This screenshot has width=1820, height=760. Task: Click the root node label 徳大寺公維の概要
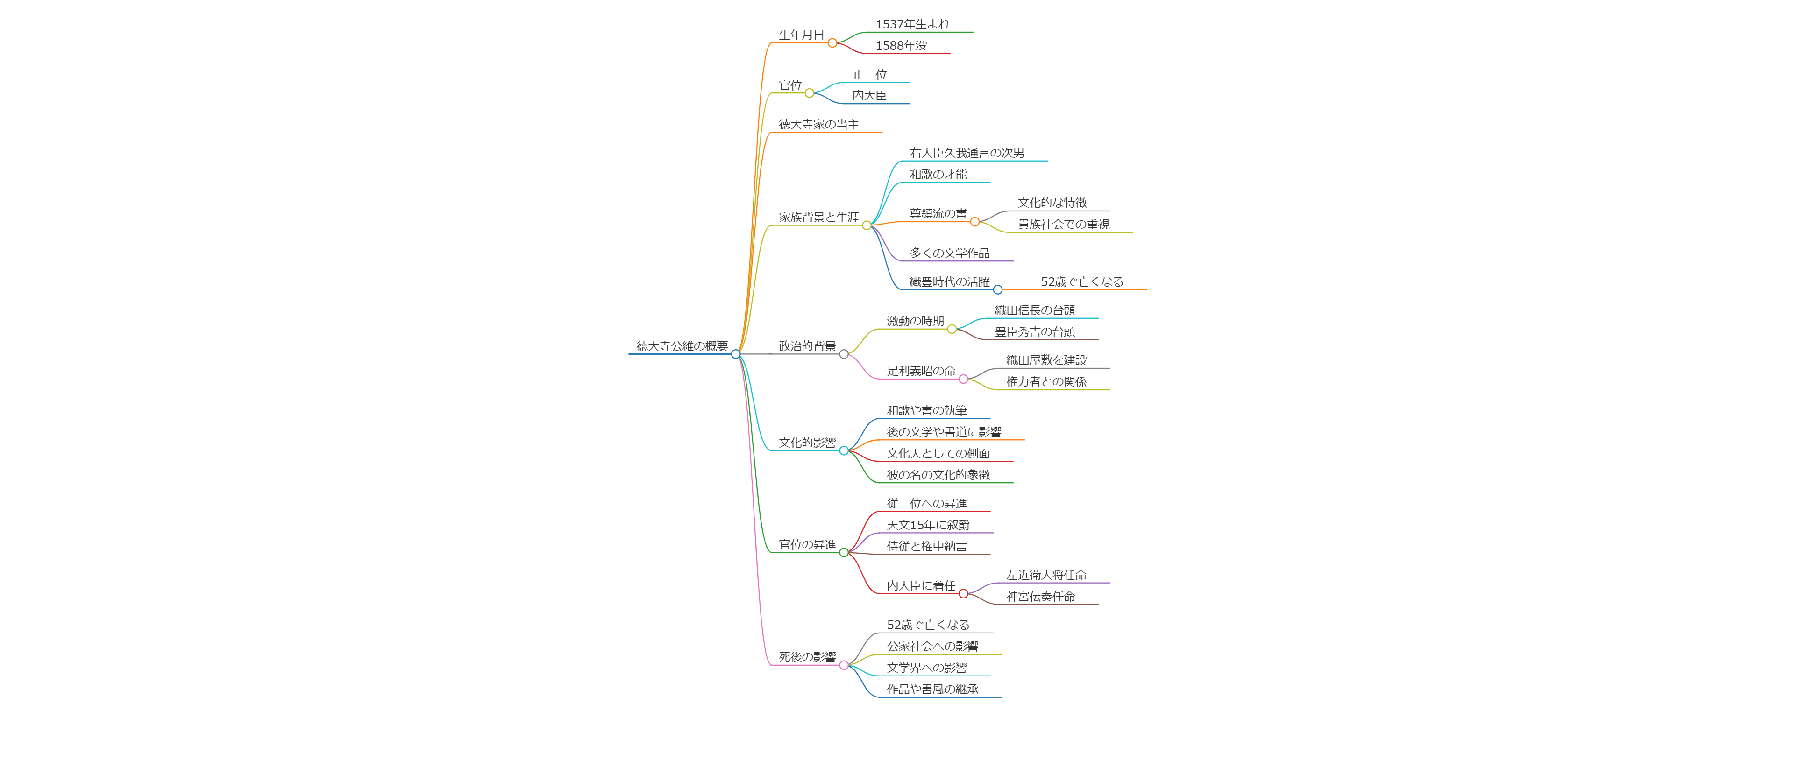coord(682,346)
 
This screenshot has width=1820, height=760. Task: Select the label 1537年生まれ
coord(912,24)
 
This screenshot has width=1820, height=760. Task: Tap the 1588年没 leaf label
coord(901,46)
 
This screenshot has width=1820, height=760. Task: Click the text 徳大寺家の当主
coord(819,124)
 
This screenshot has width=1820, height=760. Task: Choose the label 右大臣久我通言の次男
coord(967,153)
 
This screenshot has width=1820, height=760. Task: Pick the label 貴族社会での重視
coord(1063,225)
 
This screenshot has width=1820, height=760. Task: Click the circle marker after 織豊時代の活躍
coord(998,289)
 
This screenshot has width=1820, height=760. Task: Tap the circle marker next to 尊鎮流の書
coord(975,222)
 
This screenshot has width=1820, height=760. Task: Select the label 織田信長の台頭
coord(1034,310)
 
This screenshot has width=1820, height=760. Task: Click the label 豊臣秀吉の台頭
coord(1034,332)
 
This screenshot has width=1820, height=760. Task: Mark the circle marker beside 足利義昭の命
coord(963,379)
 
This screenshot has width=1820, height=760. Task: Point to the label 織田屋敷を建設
coord(1046,360)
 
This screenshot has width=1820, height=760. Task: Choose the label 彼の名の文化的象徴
coord(938,475)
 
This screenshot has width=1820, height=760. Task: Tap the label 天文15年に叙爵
coord(928,525)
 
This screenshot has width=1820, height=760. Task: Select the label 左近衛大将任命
coord(1046,575)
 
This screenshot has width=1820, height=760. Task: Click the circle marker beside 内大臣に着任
coord(963,594)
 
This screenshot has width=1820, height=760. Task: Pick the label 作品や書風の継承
coord(932,690)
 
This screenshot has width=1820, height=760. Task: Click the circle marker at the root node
coord(735,354)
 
